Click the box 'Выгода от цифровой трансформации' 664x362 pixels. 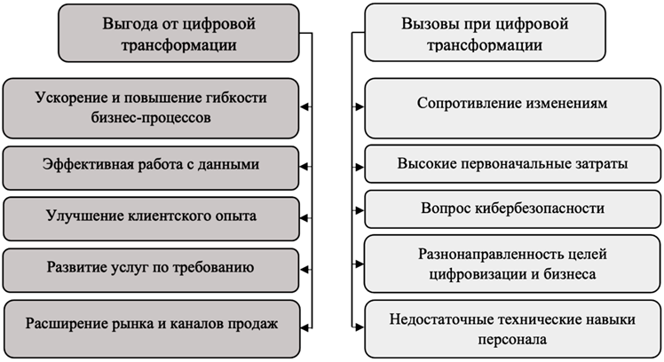click(x=179, y=32)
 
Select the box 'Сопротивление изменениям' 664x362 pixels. click(x=512, y=105)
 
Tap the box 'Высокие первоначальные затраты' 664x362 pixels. click(x=512, y=164)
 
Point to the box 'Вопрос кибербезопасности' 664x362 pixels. click(x=512, y=209)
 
